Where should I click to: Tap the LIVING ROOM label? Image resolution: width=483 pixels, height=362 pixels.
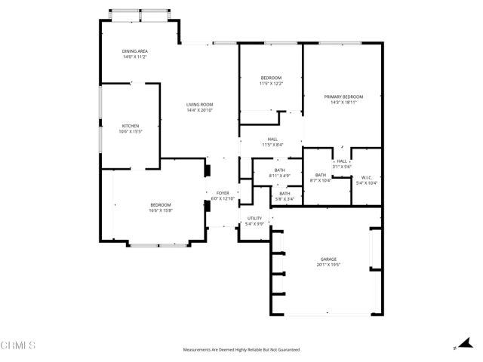[x=200, y=105]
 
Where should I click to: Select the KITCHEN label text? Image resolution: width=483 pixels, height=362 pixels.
[x=131, y=126]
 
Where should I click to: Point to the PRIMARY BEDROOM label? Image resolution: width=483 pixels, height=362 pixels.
[x=343, y=97]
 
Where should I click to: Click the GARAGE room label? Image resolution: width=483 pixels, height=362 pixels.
[x=328, y=259]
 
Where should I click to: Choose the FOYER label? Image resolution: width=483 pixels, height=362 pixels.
[x=223, y=193]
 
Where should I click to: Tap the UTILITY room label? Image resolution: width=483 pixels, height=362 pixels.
[x=254, y=219]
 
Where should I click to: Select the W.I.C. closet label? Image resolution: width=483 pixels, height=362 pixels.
[x=366, y=178]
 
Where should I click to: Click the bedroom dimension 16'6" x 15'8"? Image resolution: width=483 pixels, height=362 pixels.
[x=160, y=210]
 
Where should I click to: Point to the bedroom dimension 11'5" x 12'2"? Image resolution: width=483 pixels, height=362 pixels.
[x=271, y=84]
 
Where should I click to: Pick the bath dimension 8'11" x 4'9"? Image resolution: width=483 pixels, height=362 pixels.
[x=280, y=176]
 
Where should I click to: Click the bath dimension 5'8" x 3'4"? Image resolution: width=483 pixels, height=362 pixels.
[x=285, y=199]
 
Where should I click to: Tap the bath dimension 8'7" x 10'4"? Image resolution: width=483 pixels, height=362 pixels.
[x=321, y=181]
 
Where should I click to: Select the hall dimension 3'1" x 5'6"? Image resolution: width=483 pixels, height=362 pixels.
[x=342, y=166]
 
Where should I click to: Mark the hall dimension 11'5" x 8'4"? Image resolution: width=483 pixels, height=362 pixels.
[x=272, y=145]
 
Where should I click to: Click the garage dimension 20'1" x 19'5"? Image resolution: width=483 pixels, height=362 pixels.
[x=328, y=265]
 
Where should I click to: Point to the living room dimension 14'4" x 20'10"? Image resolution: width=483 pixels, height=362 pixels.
[x=200, y=111]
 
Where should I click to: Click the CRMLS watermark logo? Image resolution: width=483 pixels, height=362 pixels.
[x=18, y=345]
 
